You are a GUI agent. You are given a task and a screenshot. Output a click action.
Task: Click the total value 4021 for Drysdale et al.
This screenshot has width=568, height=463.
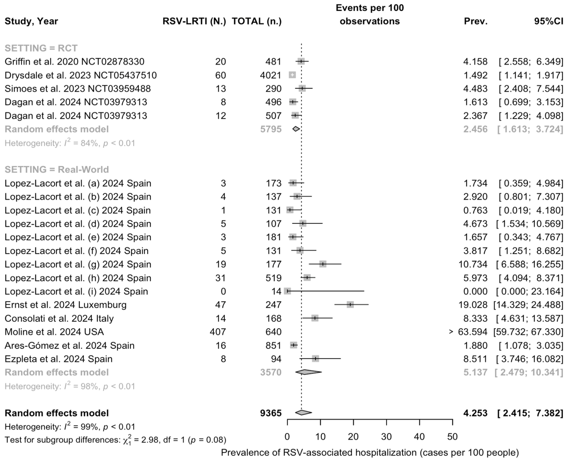pos(271,75)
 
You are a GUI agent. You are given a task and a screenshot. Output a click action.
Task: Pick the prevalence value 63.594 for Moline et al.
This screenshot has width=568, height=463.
pos(472,332)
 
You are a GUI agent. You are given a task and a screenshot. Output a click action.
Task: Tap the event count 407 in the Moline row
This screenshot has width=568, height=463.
pos(218,332)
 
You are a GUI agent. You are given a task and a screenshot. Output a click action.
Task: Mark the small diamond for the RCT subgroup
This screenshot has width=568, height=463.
pos(296,129)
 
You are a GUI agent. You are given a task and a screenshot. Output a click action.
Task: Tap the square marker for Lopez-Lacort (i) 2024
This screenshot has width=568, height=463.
pos(287,291)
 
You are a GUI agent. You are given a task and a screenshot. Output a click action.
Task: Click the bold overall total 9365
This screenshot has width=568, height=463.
pos(271,413)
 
